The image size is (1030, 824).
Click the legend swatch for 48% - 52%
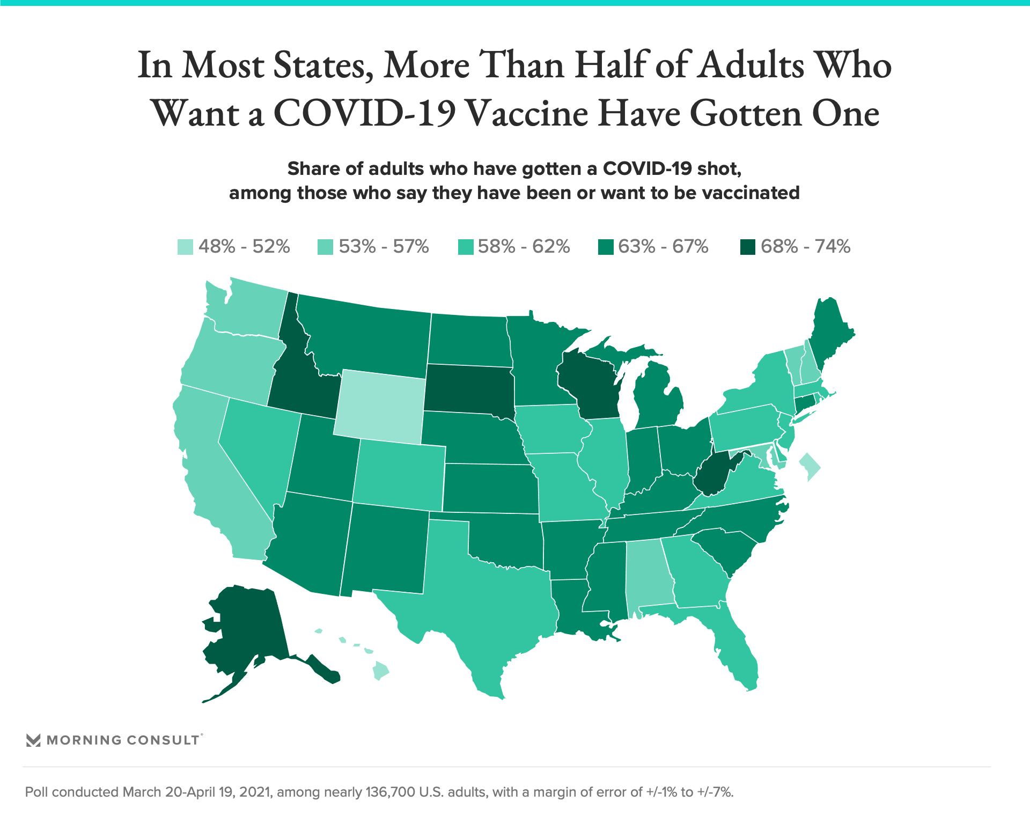[x=185, y=247]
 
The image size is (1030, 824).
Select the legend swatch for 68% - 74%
[x=748, y=247]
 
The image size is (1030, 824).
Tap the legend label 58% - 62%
[x=524, y=247]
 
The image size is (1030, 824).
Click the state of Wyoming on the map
[x=380, y=407]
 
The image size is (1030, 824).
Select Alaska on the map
[x=247, y=628]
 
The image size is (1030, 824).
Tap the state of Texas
[x=483, y=606]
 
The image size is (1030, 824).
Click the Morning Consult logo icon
[x=33, y=740]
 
